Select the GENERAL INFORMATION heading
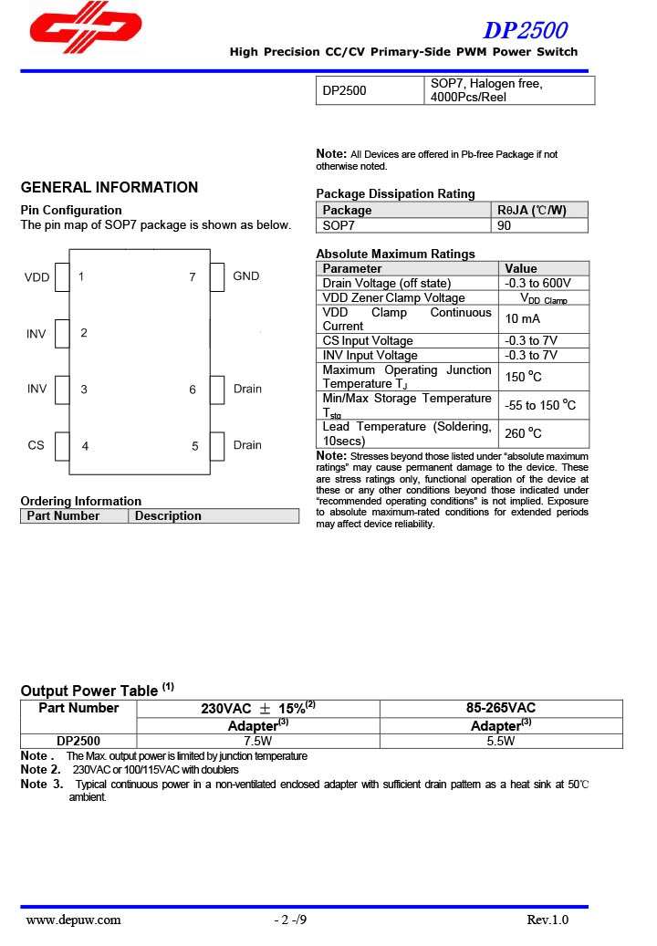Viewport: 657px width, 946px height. (109, 188)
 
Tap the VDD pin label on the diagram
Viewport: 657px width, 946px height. (37, 277)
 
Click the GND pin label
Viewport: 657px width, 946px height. (246, 276)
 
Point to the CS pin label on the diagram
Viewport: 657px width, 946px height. (36, 446)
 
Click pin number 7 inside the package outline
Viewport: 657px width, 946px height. (193, 277)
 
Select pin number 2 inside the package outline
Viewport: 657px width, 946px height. (84, 333)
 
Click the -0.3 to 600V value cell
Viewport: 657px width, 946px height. (537, 284)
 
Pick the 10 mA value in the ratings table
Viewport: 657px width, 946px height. (523, 319)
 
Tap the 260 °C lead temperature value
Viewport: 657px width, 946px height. (524, 433)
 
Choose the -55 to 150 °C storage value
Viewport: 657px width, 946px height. (540, 405)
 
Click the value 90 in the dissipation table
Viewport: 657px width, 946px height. (505, 224)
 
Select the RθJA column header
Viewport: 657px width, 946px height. (532, 211)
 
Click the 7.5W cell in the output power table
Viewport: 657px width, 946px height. (245, 742)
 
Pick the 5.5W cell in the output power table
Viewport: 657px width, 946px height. (500, 742)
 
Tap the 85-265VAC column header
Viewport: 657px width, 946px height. (500, 709)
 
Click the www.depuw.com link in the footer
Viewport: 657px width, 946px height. (73, 920)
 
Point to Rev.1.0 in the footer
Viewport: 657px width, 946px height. (547, 920)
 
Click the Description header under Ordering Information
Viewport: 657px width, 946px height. (168, 516)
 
